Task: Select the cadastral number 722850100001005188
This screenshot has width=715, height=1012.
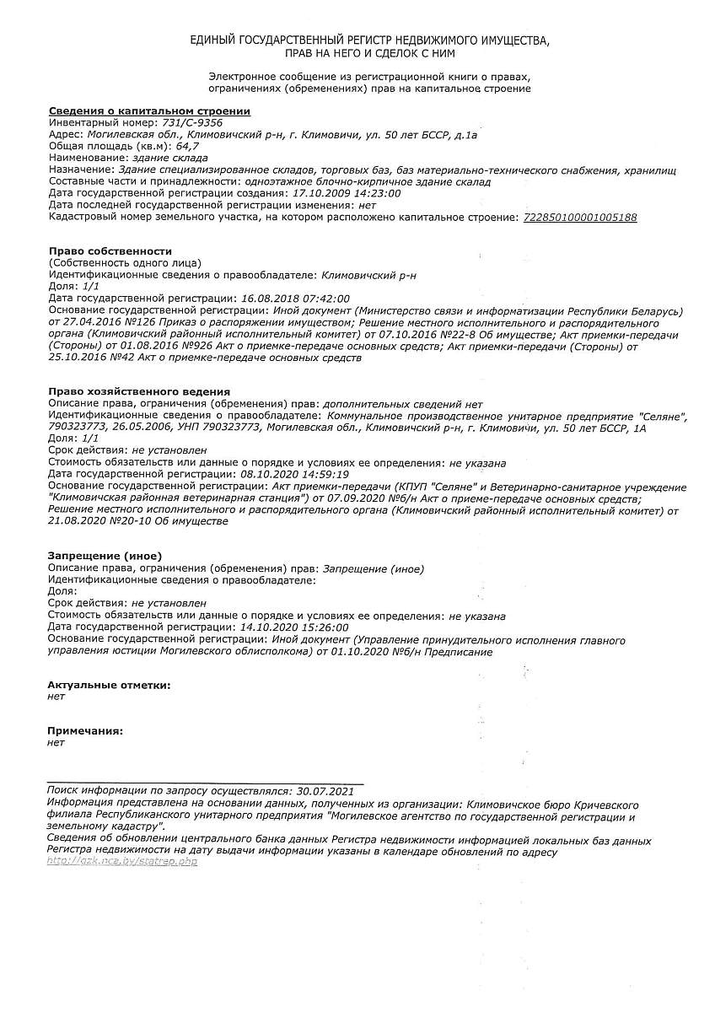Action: (580, 217)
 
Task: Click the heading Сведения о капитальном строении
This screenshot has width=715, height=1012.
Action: (149, 110)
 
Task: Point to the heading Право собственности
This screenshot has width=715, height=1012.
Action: (110, 251)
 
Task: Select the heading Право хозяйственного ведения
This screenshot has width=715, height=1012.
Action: (139, 392)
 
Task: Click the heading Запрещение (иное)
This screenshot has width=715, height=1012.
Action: (105, 556)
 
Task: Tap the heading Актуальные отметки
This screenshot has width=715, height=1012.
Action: (110, 685)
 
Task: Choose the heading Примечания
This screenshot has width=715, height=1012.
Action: (86, 730)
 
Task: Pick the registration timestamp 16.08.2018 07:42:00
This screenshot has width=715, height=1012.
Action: (295, 299)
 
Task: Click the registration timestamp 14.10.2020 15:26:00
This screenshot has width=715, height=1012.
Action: (295, 627)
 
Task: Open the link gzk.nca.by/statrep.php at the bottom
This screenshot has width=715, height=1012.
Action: (122, 862)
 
